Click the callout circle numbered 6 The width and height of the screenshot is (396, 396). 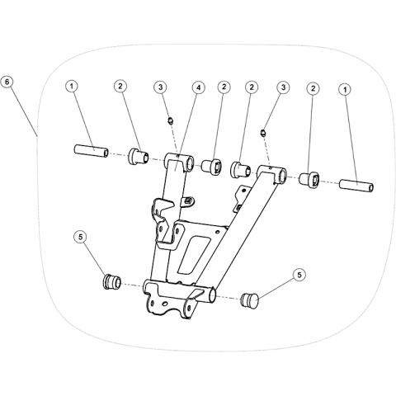click(7, 82)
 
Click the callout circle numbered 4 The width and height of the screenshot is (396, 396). click(199, 87)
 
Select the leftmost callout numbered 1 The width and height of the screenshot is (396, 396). click(72, 87)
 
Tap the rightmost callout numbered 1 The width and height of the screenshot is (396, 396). click(346, 89)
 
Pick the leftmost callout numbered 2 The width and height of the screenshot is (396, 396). click(120, 87)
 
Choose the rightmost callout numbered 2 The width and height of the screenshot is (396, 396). click(313, 88)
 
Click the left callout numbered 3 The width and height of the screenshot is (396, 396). click(161, 87)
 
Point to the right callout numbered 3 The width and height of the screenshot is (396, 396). click(283, 87)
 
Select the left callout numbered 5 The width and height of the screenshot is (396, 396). click(80, 237)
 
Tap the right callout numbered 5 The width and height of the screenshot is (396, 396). click(299, 275)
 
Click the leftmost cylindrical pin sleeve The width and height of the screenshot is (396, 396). click(91, 151)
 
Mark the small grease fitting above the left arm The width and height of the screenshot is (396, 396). click(171, 120)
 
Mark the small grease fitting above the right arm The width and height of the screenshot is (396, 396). click(262, 133)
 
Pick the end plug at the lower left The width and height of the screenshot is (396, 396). click(111, 281)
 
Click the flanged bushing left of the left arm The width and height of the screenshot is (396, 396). click(139, 157)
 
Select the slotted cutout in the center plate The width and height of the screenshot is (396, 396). click(195, 254)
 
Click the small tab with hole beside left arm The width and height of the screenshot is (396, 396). click(187, 200)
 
